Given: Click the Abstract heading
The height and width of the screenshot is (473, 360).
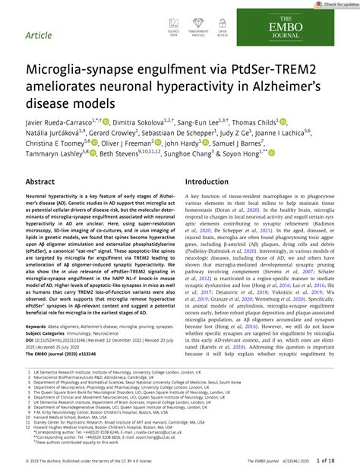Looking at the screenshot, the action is click(40, 183).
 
